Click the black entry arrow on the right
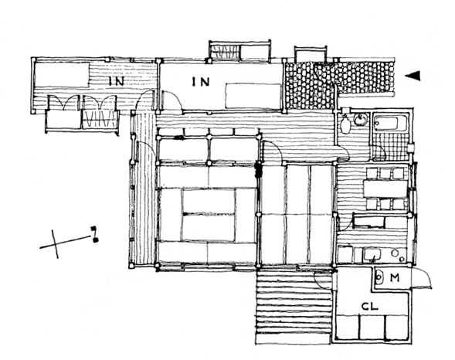click(x=413, y=76)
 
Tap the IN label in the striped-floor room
click(x=117, y=81)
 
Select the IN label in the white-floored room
click(x=200, y=82)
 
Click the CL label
click(x=370, y=307)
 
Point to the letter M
click(x=394, y=278)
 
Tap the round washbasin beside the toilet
click(x=360, y=120)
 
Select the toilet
click(x=345, y=124)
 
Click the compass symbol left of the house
click(x=69, y=242)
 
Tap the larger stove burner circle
click(x=394, y=253)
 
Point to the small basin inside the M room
click(x=379, y=277)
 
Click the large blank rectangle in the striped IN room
click(x=62, y=75)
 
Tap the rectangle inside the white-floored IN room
click(x=253, y=96)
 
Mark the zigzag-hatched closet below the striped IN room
click(x=100, y=119)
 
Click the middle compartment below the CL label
click(x=372, y=327)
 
